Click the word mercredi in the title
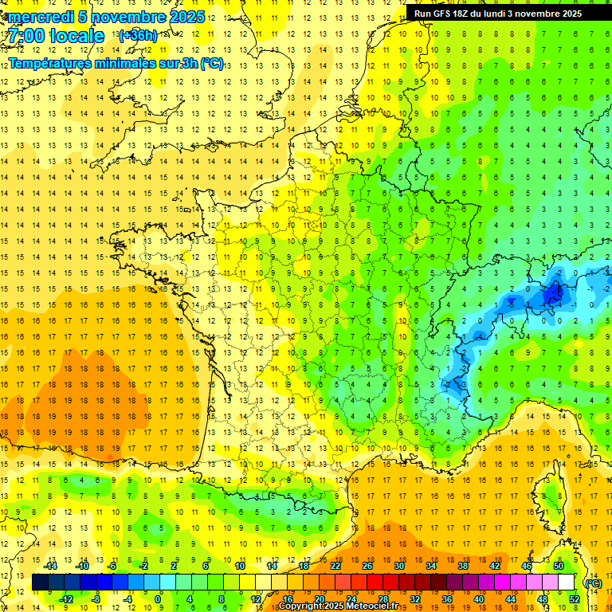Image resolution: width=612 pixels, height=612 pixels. [41, 17]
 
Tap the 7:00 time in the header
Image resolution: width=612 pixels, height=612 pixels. [25, 36]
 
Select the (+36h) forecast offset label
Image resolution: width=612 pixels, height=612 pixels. [138, 36]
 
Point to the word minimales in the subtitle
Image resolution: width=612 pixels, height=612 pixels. [128, 64]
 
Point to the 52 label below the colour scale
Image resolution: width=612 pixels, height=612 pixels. [574, 599]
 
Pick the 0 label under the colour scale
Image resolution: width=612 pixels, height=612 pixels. [158, 599]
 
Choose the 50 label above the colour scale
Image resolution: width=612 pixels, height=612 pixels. [558, 566]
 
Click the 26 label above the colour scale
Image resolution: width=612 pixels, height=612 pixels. [367, 566]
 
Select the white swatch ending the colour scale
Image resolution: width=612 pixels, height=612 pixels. [567, 583]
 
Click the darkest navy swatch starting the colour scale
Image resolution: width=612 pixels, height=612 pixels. [40, 583]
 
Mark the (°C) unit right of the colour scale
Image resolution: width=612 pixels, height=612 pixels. [594, 583]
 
